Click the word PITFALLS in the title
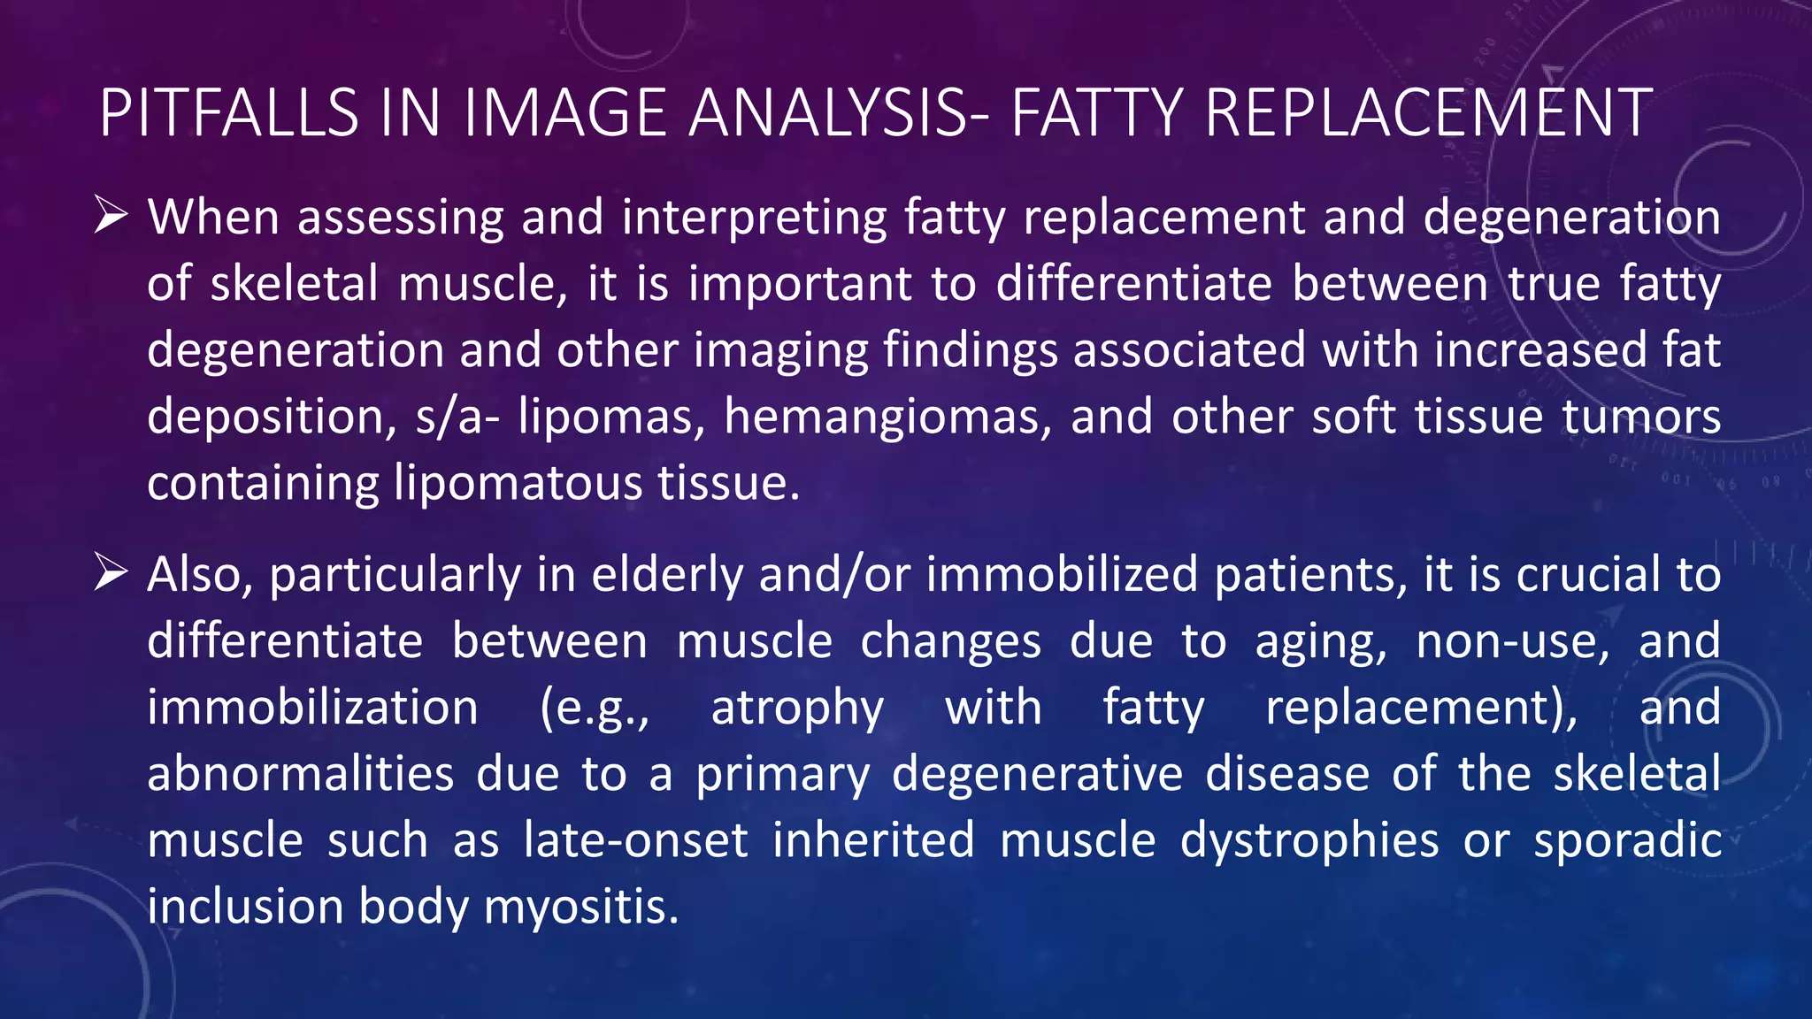point(228,113)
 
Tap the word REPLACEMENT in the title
point(1427,113)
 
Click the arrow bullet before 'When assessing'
point(111,216)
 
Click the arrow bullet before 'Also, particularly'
point(111,573)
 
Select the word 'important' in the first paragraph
point(800,284)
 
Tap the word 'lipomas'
point(611,417)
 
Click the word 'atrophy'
point(797,709)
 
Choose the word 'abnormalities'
point(301,774)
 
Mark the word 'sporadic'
point(1627,840)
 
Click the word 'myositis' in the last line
point(581,908)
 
